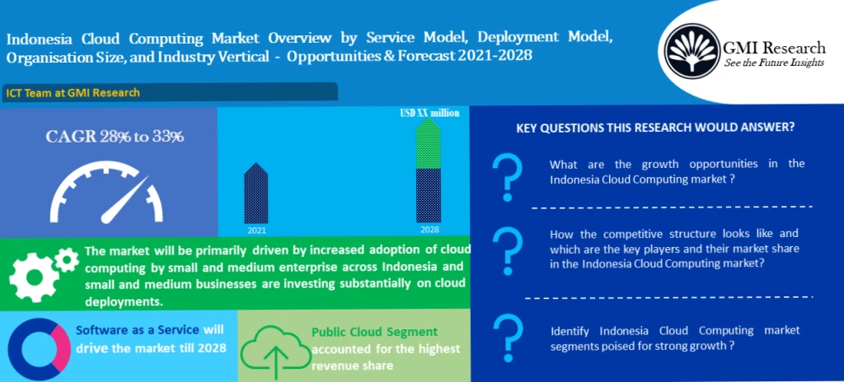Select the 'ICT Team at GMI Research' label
pos(73,92)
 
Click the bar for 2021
pos(256,193)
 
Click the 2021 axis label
pos(256,231)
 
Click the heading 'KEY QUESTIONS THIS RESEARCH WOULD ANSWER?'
pos(655,128)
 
